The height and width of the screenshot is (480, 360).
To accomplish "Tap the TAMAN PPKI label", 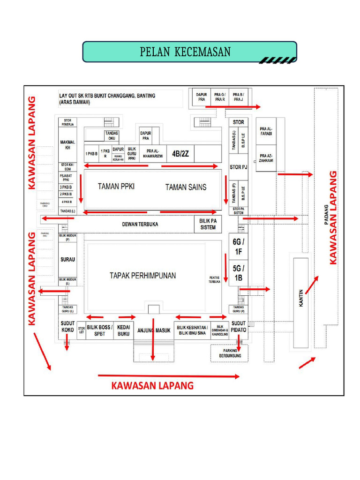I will [116, 187].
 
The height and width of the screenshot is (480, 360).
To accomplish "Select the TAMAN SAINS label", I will [186, 187].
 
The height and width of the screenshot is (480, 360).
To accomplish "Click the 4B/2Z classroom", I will [180, 154].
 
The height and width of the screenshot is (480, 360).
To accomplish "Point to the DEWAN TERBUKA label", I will [140, 225].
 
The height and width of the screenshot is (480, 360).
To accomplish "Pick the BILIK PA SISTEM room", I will [208, 224].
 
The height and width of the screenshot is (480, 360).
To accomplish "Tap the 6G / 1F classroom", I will [239, 247].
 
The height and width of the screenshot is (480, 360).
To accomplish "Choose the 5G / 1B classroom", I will [239, 273].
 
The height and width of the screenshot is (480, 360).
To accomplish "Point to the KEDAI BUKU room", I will [123, 330].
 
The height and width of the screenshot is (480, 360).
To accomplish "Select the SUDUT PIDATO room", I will [239, 327].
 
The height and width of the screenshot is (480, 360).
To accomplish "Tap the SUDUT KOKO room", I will [67, 327].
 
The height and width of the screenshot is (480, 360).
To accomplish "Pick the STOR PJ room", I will [238, 167].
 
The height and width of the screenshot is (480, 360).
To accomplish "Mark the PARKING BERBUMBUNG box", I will [230, 353].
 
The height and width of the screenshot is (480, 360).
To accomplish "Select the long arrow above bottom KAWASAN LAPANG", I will [169, 375].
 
